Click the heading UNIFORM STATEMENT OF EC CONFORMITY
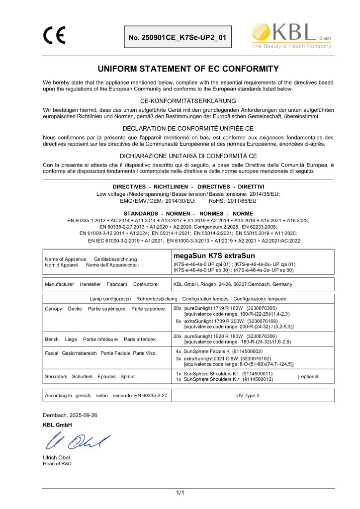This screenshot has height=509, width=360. (180, 69)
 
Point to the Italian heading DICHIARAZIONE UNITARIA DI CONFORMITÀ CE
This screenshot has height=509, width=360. (180, 155)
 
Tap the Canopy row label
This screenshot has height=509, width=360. (46, 309)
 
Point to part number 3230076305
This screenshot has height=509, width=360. (265, 308)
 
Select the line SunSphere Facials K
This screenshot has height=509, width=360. (206, 351)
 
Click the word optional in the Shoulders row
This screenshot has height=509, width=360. (309, 376)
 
